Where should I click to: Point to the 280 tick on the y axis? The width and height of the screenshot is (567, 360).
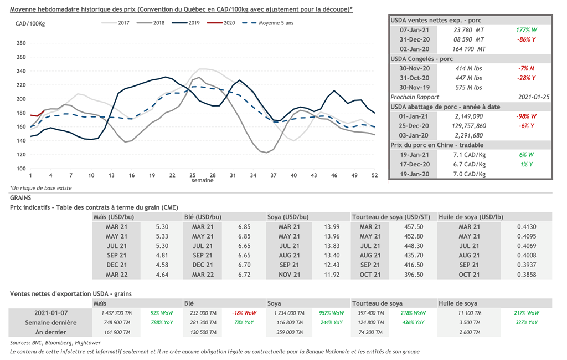click(22, 43)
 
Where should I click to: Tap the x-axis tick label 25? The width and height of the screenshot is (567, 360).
click(193, 175)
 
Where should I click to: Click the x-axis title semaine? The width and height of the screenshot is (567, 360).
click(203, 181)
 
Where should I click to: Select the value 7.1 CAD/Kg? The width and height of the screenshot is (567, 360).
click(468, 154)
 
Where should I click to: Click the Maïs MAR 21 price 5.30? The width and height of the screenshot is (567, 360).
click(162, 227)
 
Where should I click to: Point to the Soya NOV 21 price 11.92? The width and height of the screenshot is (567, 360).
click(332, 275)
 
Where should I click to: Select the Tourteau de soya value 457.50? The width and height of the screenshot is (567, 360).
click(414, 227)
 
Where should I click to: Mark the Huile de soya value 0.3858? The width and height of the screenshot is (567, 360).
click(525, 275)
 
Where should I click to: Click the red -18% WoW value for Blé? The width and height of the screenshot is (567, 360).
click(245, 313)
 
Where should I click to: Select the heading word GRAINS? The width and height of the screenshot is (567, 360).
click(20, 197)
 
